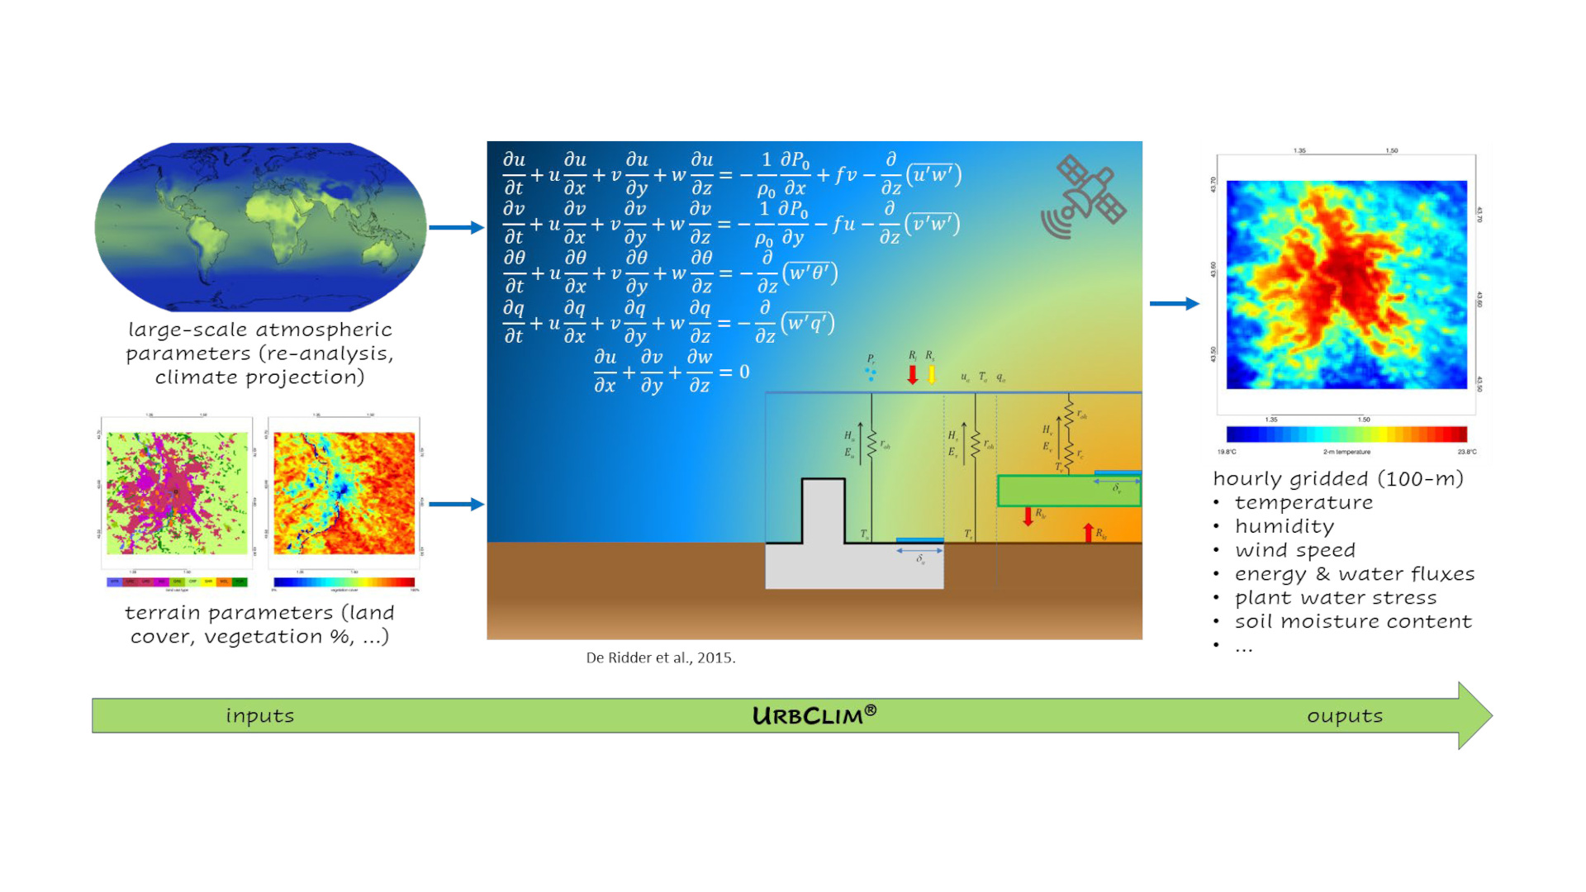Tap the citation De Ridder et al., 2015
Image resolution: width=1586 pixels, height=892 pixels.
point(660,657)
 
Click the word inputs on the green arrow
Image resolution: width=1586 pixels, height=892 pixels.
point(259,715)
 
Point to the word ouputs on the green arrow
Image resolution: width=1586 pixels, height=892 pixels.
point(1344,715)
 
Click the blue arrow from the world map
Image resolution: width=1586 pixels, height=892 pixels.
point(455,227)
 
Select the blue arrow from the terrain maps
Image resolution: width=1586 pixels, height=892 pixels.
point(455,504)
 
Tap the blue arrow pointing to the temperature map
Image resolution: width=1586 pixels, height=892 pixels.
point(1174,304)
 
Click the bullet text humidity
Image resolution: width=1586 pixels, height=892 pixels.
point(1284,526)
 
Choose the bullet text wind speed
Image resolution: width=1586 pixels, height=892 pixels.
point(1294,550)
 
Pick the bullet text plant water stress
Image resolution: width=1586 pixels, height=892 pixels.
point(1335,597)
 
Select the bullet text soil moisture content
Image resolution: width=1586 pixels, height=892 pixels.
point(1352,621)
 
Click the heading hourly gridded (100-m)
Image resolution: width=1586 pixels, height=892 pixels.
point(1337,478)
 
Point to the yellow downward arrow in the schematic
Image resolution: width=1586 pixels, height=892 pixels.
point(932,375)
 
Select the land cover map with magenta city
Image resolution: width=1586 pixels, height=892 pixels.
point(177,493)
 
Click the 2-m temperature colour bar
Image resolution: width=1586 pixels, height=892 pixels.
point(1346,434)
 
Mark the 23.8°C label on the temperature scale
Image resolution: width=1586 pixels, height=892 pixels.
point(1466,452)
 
